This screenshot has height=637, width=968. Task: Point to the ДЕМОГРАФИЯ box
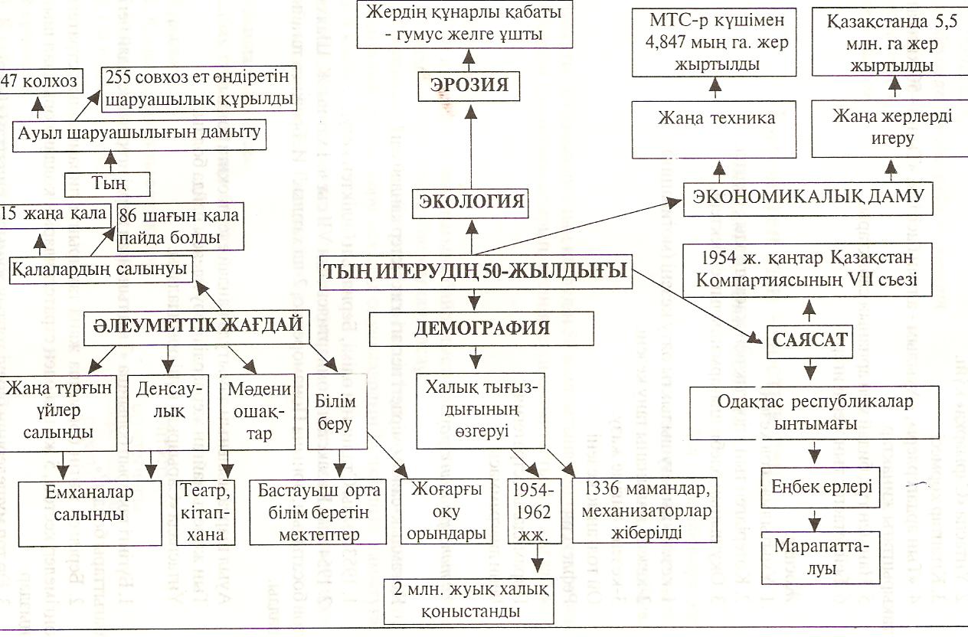point(482,328)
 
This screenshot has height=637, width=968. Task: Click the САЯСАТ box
point(811,340)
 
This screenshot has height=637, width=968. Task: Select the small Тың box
point(106,184)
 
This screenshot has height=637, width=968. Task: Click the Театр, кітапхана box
point(204,511)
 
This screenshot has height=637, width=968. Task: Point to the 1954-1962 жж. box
point(537,511)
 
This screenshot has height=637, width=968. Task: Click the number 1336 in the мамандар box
point(606,488)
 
